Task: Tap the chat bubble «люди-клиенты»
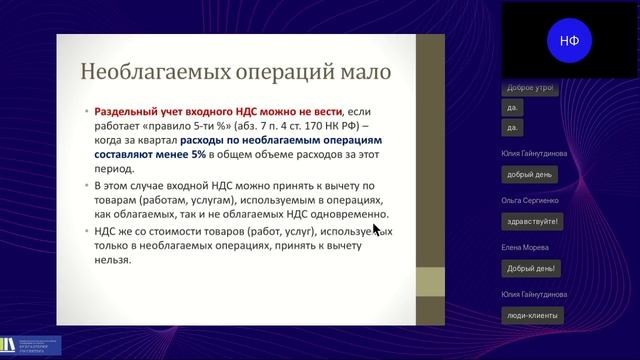[x=531, y=314]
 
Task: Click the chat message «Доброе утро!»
[x=530, y=87]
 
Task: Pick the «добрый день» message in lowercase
[x=530, y=174]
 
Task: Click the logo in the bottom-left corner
[x=31, y=345]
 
